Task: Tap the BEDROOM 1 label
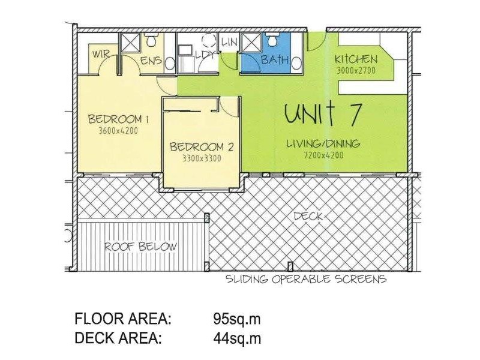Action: click(118, 118)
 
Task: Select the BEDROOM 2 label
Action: click(201, 147)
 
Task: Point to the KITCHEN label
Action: click(356, 59)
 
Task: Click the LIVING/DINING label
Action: click(323, 143)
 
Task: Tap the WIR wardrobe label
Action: click(100, 55)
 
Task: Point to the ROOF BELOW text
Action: click(141, 247)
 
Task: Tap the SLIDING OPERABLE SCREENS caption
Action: click(305, 280)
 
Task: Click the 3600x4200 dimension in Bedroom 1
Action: click(118, 130)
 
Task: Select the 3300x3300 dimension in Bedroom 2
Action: click(201, 159)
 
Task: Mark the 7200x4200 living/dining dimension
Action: click(323, 155)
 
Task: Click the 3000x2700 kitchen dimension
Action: click(356, 70)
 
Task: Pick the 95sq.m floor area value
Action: click(237, 318)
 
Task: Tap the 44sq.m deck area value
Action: click(237, 338)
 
